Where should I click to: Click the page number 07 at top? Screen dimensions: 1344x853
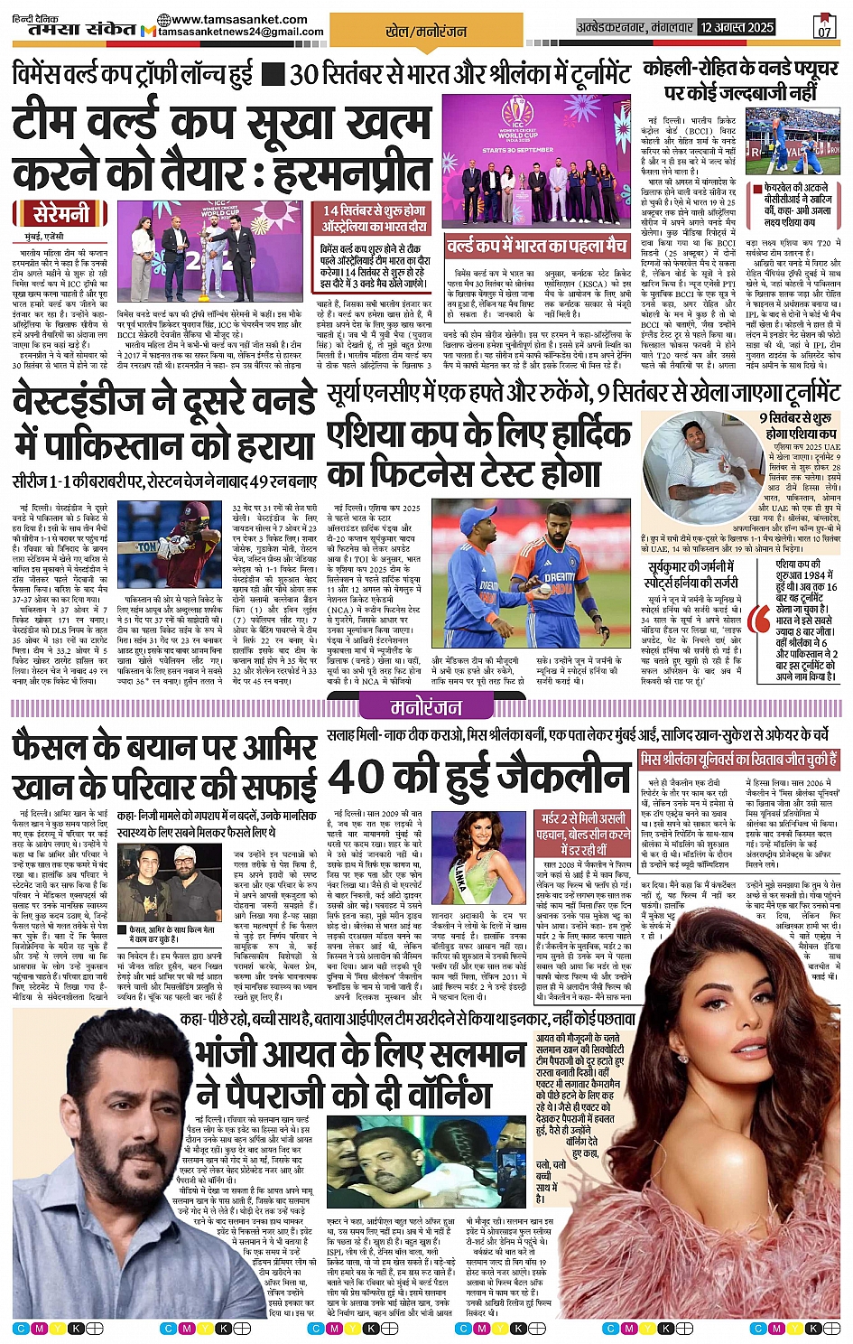824,27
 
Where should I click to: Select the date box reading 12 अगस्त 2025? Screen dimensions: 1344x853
737,27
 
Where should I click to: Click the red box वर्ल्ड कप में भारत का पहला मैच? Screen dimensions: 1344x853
536,246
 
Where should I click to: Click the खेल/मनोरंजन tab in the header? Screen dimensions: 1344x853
426,31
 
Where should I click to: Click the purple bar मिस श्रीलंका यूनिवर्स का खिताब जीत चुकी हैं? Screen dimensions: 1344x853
738,760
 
